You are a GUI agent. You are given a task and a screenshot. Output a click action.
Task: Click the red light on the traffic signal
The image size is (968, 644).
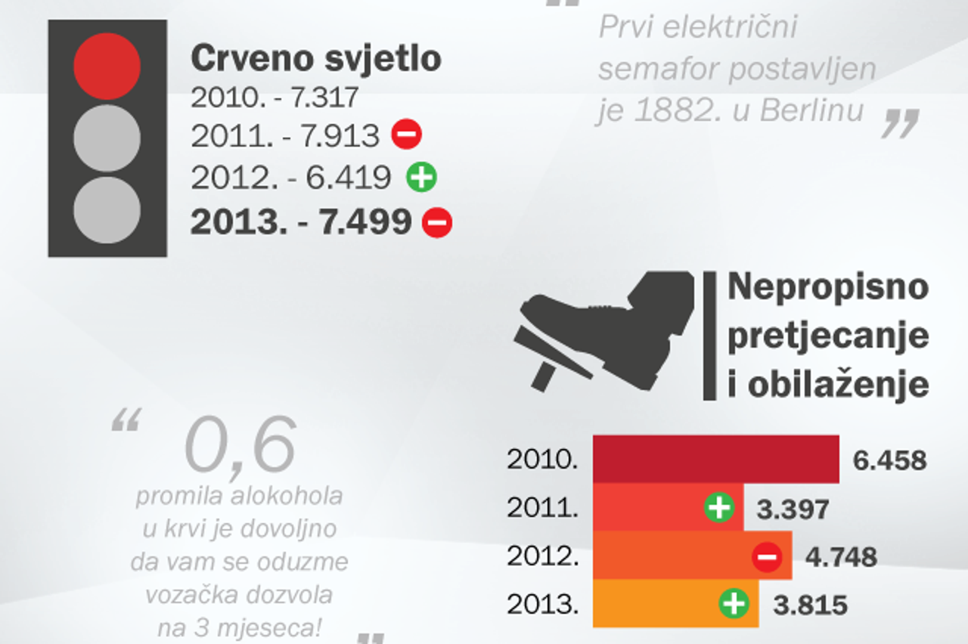coord(107,67)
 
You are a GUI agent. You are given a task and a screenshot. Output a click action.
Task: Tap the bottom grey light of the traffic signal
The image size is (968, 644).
coord(107,209)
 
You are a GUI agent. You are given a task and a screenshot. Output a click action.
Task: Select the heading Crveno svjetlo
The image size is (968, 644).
coord(315,58)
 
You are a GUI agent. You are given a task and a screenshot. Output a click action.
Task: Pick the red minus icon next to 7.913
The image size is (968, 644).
coord(406,135)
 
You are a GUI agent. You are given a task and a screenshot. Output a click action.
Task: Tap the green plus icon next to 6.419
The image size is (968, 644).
coord(421,178)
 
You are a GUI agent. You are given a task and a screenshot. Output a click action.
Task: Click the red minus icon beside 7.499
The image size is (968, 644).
coord(436,223)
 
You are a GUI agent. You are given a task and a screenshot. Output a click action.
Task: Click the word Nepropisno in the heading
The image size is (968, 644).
coord(827,287)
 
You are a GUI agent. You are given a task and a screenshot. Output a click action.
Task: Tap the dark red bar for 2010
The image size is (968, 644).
coord(715,459)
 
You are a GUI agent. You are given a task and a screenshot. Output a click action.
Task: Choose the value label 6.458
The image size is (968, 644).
coord(889,460)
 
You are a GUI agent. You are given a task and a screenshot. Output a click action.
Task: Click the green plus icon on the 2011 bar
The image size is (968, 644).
coord(718,507)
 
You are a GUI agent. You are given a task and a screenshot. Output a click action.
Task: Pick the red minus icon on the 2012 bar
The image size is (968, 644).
coord(766,558)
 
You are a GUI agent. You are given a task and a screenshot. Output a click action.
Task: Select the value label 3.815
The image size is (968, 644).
coord(810,605)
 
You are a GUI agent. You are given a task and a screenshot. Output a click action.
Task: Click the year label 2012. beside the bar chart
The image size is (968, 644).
coord(542,557)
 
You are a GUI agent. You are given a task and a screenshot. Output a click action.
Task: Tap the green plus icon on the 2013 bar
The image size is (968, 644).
coord(734,604)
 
